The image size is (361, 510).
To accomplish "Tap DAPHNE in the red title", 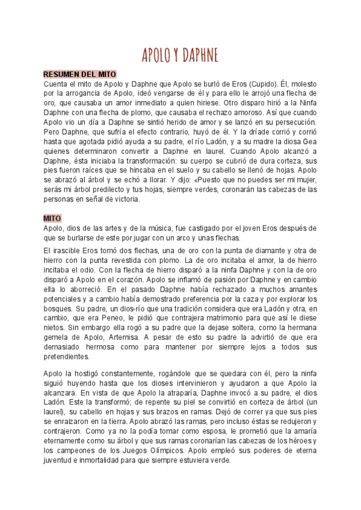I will (199, 55).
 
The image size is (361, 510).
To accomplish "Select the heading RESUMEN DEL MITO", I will (79, 74).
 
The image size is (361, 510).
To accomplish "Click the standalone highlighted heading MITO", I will (52, 218).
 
